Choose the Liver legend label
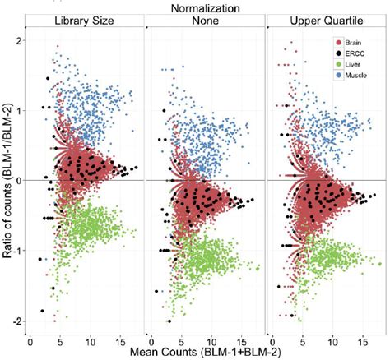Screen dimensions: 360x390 353,63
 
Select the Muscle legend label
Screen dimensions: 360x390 356,75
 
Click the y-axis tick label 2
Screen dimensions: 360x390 18,39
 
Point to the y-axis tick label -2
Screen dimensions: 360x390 16,321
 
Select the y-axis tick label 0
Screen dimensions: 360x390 18,180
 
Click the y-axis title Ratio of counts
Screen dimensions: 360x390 7,179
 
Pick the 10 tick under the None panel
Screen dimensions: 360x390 211,339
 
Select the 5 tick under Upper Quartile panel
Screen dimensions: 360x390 303,339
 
